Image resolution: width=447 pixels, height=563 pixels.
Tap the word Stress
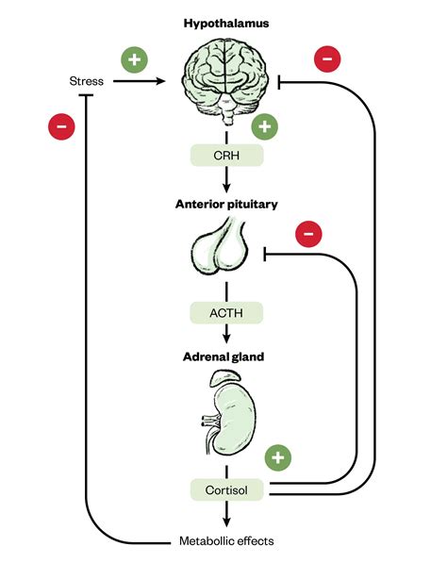[x=88, y=81]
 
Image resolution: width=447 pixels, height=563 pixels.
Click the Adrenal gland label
[x=224, y=357]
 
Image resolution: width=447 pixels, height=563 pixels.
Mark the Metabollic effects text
[x=225, y=541]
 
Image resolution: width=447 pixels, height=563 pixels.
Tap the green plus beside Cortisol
[x=277, y=458]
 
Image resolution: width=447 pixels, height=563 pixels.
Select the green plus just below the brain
[x=265, y=125]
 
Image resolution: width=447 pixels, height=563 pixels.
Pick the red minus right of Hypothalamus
[x=326, y=58]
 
